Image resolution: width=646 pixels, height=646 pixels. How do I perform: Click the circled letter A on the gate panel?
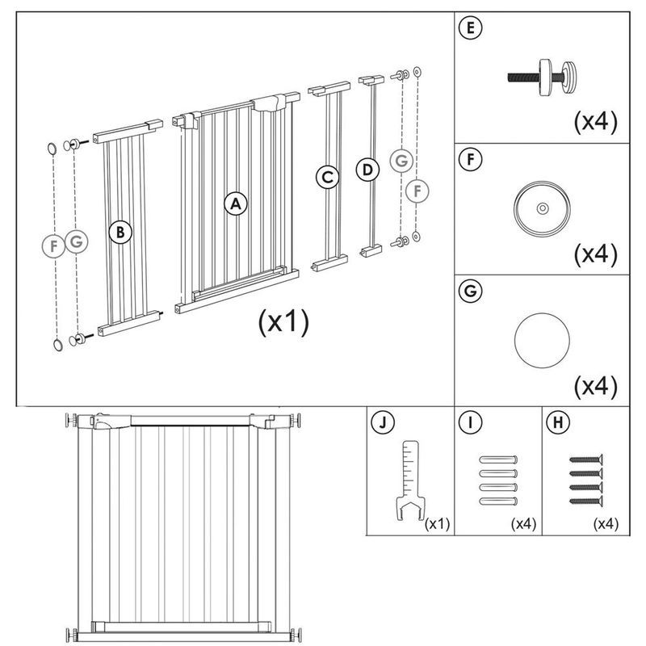[x=235, y=203]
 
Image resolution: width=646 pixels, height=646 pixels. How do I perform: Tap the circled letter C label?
[x=326, y=177]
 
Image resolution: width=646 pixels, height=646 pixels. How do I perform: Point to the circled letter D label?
[x=367, y=170]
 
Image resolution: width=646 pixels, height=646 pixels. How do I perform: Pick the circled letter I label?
[x=468, y=422]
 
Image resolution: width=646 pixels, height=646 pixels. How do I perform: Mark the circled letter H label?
[x=556, y=422]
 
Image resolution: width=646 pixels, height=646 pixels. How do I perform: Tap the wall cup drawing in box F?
[x=540, y=208]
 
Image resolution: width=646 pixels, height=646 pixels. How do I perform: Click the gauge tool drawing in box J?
[x=410, y=480]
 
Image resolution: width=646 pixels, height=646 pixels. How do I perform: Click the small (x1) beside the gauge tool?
[x=437, y=524]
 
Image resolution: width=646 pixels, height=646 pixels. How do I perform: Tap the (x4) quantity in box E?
[x=595, y=122]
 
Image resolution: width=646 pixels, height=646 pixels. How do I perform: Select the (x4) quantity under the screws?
[x=605, y=524]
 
